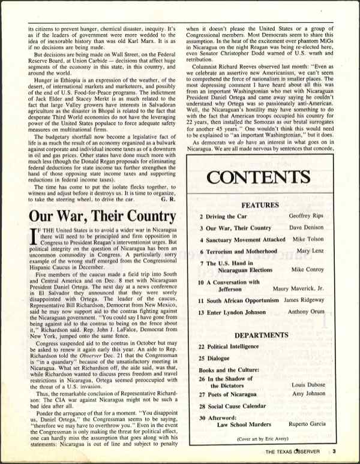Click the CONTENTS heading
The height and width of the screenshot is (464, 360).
[259, 177]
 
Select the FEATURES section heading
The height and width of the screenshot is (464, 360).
[260, 205]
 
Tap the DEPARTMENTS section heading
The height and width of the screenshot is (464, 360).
[261, 335]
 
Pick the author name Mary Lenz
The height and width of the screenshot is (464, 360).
[310, 251]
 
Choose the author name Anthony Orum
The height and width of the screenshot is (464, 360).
[306, 312]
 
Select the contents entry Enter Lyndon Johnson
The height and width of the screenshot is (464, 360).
[239, 312]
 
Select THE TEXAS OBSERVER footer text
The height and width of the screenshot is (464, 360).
[293, 452]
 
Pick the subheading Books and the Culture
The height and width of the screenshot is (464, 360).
[228, 371]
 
